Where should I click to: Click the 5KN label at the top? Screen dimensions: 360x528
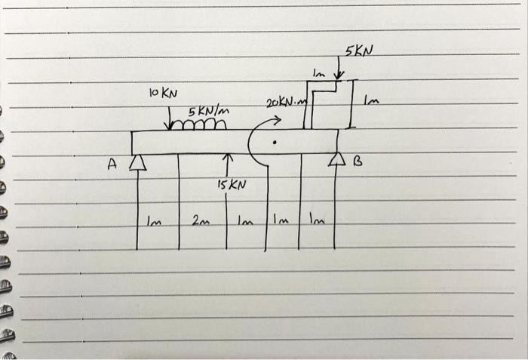360,51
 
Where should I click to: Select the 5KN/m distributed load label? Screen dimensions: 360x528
208,112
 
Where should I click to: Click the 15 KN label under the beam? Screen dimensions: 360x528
231,184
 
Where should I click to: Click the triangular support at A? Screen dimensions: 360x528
137,162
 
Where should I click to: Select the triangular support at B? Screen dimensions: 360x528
336,159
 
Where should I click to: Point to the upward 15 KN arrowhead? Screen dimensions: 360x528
227,158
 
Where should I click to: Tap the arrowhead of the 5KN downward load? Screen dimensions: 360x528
339,75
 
